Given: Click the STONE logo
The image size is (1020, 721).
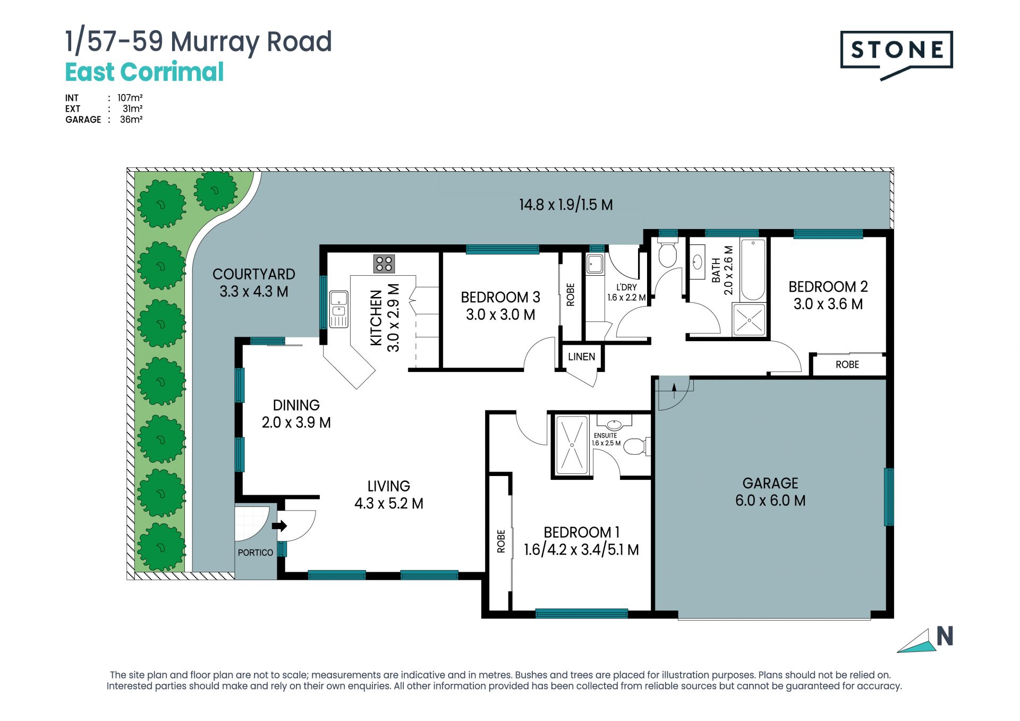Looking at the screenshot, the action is (896, 54).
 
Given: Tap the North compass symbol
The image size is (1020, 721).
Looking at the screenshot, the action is (925, 640).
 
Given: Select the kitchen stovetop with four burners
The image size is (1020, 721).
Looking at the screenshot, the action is (384, 264).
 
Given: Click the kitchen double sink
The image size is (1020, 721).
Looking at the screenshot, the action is (339, 309).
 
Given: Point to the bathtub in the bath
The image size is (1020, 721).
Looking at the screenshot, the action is (753, 270).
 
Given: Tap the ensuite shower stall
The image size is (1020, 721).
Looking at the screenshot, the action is (572, 445).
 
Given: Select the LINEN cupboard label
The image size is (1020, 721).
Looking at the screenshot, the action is (581, 357).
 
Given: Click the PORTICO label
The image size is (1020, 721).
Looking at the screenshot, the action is (256, 553).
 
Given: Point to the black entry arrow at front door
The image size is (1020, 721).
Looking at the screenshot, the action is (279, 526).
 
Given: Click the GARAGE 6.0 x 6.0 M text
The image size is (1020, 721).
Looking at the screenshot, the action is (770, 491).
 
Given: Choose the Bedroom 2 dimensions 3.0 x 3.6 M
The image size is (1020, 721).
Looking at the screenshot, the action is (828, 304).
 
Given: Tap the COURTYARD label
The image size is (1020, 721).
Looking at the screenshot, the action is (254, 274).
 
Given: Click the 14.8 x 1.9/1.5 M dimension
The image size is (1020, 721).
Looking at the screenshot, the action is (566, 205).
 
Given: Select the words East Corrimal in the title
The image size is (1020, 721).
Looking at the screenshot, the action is (144, 72).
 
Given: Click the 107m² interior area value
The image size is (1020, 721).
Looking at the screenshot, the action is (130, 98).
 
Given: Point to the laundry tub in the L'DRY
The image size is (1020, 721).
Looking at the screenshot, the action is (595, 264).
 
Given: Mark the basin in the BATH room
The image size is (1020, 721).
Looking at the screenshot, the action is (698, 261).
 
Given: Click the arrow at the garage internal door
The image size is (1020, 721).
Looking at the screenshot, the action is (674, 391).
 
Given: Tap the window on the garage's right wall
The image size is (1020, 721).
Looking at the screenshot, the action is (889, 497).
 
